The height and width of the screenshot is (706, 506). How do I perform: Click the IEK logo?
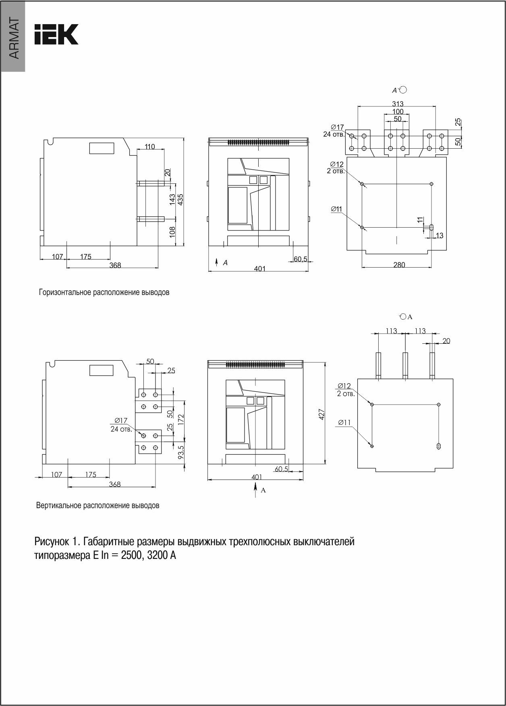(56, 34)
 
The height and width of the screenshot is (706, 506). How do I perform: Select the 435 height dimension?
(181, 199)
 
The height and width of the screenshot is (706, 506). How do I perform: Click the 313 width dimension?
(397, 104)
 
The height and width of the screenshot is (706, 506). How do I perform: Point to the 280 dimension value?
(399, 265)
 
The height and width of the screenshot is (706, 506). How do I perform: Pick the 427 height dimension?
(322, 414)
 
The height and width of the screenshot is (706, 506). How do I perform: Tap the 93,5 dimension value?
(181, 453)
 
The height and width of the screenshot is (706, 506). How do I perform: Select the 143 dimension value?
(172, 199)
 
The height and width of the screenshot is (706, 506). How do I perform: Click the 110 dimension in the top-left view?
(150, 147)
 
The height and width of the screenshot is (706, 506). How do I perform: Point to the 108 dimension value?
(172, 231)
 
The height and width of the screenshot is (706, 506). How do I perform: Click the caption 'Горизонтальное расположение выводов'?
(104, 293)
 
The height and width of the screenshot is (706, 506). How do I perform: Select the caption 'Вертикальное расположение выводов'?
(97, 505)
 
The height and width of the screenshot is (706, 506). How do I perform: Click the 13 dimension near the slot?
(440, 235)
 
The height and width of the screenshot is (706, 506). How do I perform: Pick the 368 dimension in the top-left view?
(115, 265)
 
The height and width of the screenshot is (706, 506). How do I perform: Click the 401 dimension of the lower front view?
(257, 477)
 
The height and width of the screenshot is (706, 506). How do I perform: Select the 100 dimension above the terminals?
(398, 111)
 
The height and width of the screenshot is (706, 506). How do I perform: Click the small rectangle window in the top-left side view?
(102, 148)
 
